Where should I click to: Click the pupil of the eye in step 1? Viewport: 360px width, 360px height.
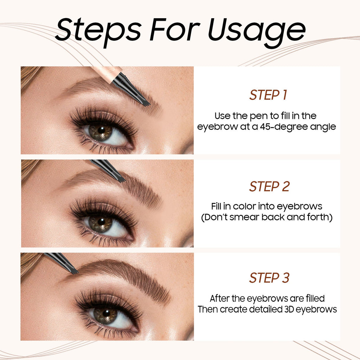101,131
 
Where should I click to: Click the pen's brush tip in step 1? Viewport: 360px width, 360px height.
146,103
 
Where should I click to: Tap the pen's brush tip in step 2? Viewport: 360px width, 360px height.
121,179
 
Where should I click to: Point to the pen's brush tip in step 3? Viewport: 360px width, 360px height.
74,271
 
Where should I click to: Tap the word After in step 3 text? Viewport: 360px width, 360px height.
220,298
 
